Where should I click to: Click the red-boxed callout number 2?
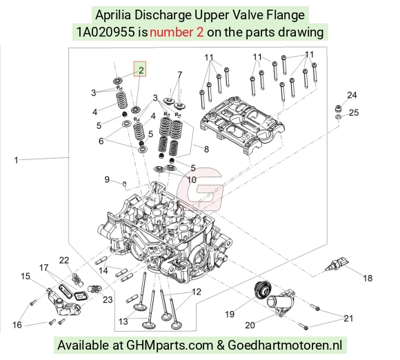pos(141,70)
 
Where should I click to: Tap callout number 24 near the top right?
pos(352,95)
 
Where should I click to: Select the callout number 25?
pos(354,112)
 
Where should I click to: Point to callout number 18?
pos(368,278)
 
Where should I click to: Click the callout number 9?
pos(107,179)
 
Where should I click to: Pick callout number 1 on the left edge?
pos(16,160)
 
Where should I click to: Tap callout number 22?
pos(64,260)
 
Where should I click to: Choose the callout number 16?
pos(17,325)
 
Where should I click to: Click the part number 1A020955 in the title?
pos(106,32)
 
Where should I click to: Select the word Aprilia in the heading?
pos(113,14)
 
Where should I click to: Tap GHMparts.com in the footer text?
pos(170,346)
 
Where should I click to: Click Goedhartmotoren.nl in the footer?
pos(285,346)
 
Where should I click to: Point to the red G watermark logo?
pos(200,189)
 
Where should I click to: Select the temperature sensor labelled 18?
pos(337,263)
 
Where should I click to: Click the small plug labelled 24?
pos(338,108)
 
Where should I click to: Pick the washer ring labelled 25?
pos(338,117)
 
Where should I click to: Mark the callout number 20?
pos(250,325)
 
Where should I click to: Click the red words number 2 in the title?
pos(177,32)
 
